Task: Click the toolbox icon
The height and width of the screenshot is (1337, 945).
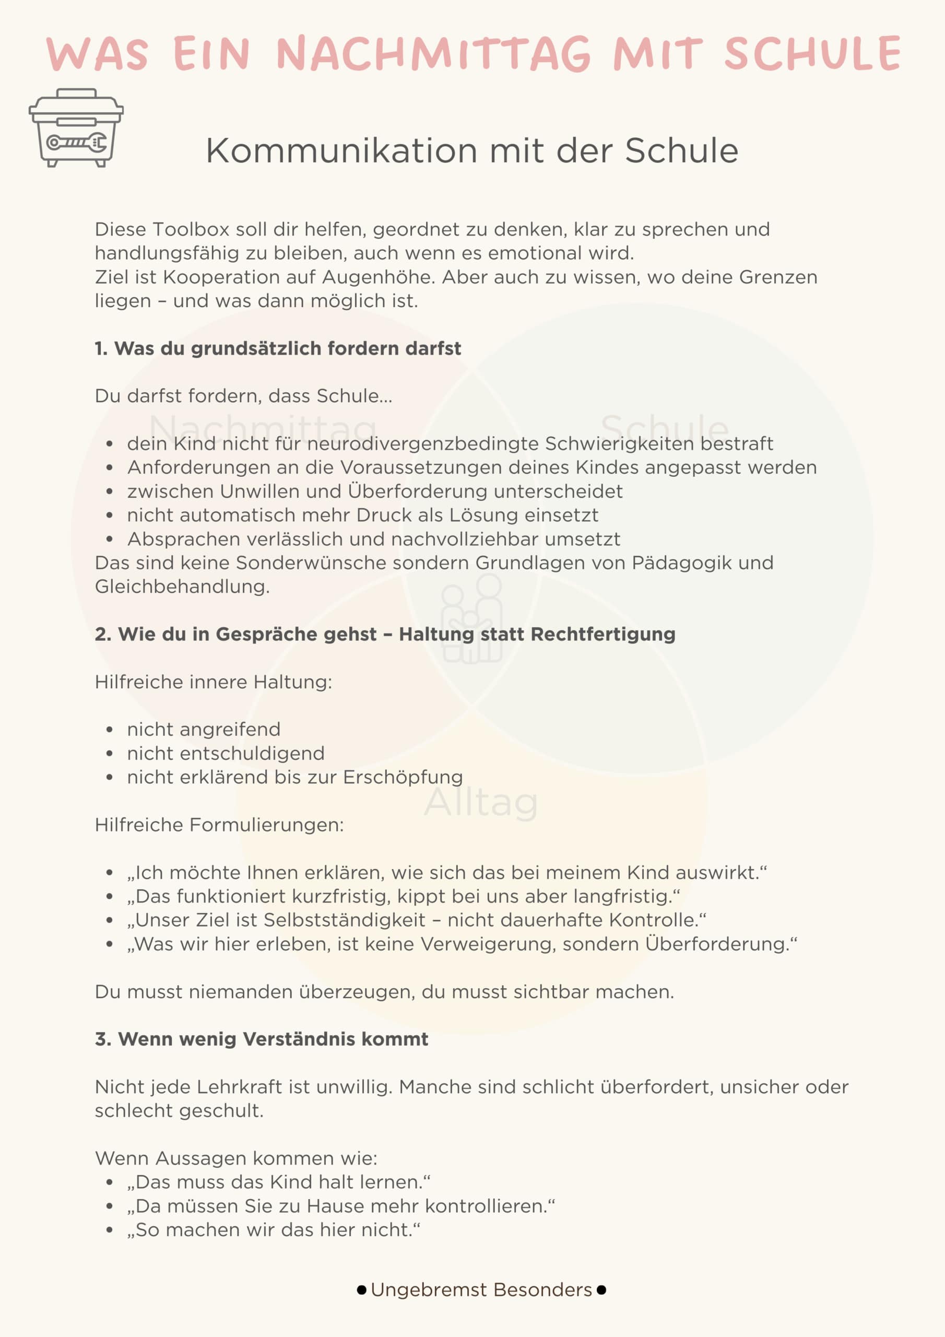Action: tap(76, 127)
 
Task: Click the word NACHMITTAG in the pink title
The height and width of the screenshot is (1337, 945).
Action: tap(434, 54)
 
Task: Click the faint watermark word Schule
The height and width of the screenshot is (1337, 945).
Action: tap(664, 428)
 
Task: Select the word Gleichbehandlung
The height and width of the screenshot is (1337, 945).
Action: tap(182, 587)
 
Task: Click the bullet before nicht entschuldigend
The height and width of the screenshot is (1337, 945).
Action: tap(110, 754)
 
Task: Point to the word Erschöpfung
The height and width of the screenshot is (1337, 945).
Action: tap(403, 778)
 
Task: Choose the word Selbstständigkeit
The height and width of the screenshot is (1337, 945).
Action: tap(345, 920)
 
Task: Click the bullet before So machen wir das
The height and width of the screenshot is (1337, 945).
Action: tap(110, 1230)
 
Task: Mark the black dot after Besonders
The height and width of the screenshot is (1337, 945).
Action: tap(601, 1290)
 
